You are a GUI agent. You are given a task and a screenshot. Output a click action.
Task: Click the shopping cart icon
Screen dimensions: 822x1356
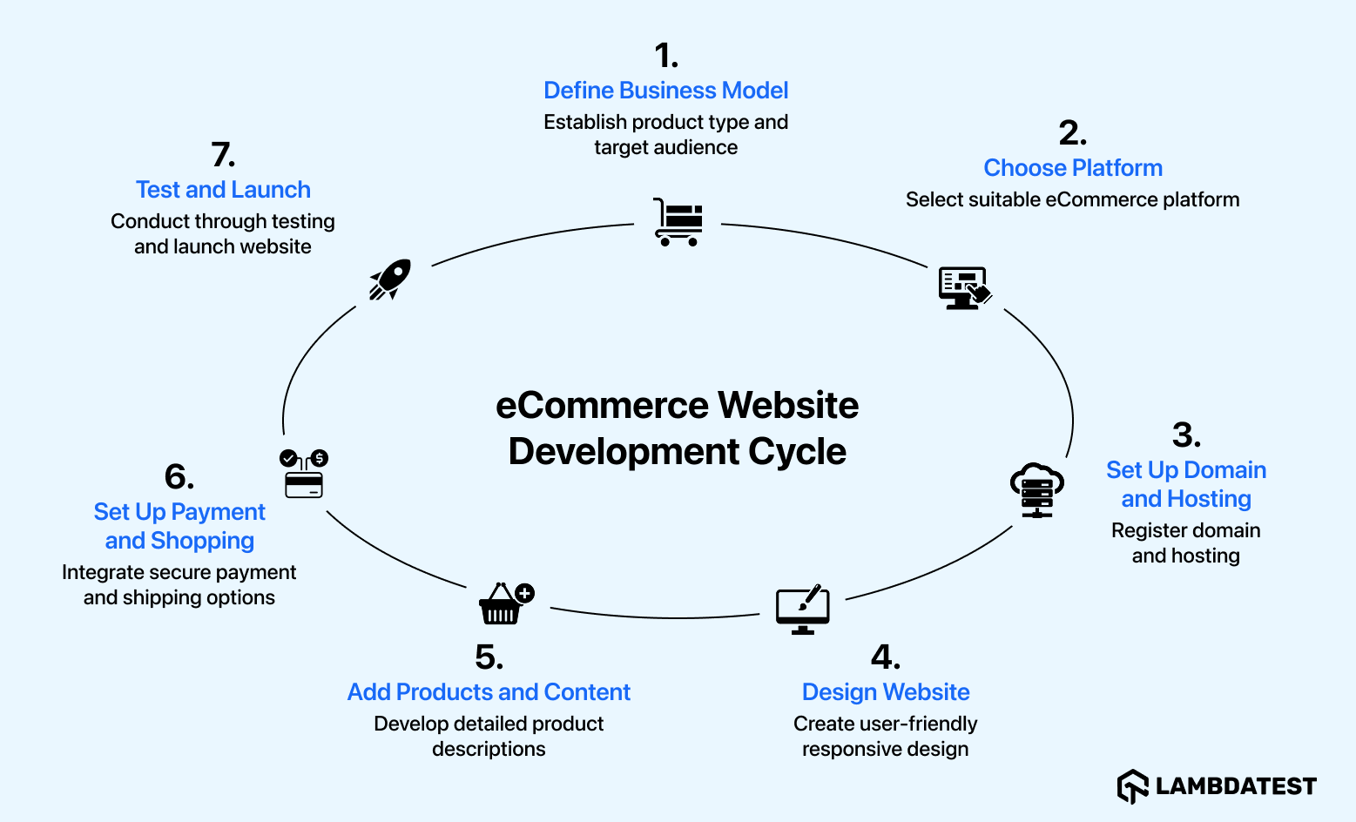pos(678,222)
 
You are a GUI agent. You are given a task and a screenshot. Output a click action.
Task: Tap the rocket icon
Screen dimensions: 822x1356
pos(389,280)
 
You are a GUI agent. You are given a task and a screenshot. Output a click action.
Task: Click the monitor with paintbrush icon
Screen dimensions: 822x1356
pos(802,610)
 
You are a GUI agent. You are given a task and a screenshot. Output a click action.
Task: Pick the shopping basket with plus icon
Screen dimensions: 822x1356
pos(505,603)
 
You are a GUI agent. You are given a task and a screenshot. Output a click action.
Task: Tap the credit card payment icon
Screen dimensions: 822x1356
pos(303,475)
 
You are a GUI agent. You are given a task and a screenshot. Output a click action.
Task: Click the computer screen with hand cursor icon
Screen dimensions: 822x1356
pos(964,288)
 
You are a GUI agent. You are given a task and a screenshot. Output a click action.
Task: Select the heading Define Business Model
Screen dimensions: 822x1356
pos(665,91)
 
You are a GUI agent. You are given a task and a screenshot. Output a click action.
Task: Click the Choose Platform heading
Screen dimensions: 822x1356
pos(1072,168)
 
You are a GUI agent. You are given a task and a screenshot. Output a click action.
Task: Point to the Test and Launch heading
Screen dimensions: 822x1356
pos(223,190)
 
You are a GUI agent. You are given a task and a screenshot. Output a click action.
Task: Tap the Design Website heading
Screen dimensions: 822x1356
pos(885,692)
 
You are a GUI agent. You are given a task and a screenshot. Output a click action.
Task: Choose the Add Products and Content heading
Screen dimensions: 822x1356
pos(489,692)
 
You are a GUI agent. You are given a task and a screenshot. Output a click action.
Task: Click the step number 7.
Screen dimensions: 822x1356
pos(223,155)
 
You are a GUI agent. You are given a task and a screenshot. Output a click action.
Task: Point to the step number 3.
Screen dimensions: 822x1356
pos(1185,435)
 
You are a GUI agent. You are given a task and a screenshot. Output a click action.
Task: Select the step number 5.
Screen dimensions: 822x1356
pos(489,657)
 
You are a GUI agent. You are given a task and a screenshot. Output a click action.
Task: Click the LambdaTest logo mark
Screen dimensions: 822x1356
pos(1132,786)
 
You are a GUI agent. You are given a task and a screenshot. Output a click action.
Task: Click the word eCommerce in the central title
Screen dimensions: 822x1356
pos(602,406)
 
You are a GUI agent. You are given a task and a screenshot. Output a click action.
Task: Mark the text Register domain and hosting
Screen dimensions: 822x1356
pos(1185,543)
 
